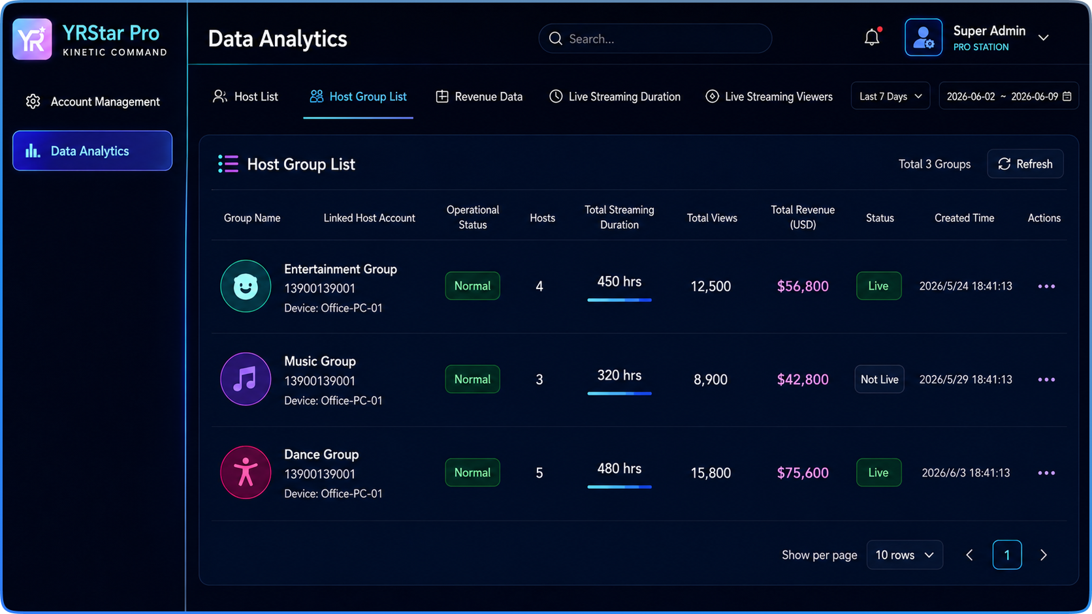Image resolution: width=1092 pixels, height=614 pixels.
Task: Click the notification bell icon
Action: pyautogui.click(x=872, y=37)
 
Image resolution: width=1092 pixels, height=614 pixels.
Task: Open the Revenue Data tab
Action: pyautogui.click(x=479, y=97)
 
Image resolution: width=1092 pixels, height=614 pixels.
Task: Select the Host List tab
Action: pyautogui.click(x=245, y=97)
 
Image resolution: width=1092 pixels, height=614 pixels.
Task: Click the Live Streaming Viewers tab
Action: pyautogui.click(x=769, y=97)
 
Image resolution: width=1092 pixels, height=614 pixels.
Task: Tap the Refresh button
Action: pyautogui.click(x=1025, y=164)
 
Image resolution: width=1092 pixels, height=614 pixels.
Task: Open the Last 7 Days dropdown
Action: pyautogui.click(x=890, y=96)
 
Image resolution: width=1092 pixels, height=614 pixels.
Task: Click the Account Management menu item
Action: pyautogui.click(x=93, y=101)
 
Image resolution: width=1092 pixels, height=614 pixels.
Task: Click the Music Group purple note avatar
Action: pyautogui.click(x=245, y=379)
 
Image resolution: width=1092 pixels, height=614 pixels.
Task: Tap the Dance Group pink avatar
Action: pyautogui.click(x=245, y=472)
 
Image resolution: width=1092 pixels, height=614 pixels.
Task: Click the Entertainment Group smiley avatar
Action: pyautogui.click(x=245, y=286)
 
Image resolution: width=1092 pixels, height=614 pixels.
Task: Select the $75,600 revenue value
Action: pyautogui.click(x=803, y=472)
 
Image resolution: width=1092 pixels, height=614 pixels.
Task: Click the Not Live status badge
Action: pyautogui.click(x=880, y=379)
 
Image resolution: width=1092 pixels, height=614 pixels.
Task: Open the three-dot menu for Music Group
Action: pyautogui.click(x=1046, y=379)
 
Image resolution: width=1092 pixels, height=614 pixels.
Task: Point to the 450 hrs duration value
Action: pyautogui.click(x=619, y=281)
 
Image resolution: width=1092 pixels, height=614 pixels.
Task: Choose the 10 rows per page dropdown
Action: pyautogui.click(x=905, y=555)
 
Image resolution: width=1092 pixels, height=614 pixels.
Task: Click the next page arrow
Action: pyautogui.click(x=1043, y=555)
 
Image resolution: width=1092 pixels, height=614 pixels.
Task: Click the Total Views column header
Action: pyautogui.click(x=712, y=218)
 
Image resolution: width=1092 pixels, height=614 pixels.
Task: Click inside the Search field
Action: pyautogui.click(x=654, y=38)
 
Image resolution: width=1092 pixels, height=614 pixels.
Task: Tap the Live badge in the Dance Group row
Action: pyautogui.click(x=878, y=472)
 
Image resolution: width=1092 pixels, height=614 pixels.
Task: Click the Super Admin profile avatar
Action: pyautogui.click(x=923, y=37)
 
